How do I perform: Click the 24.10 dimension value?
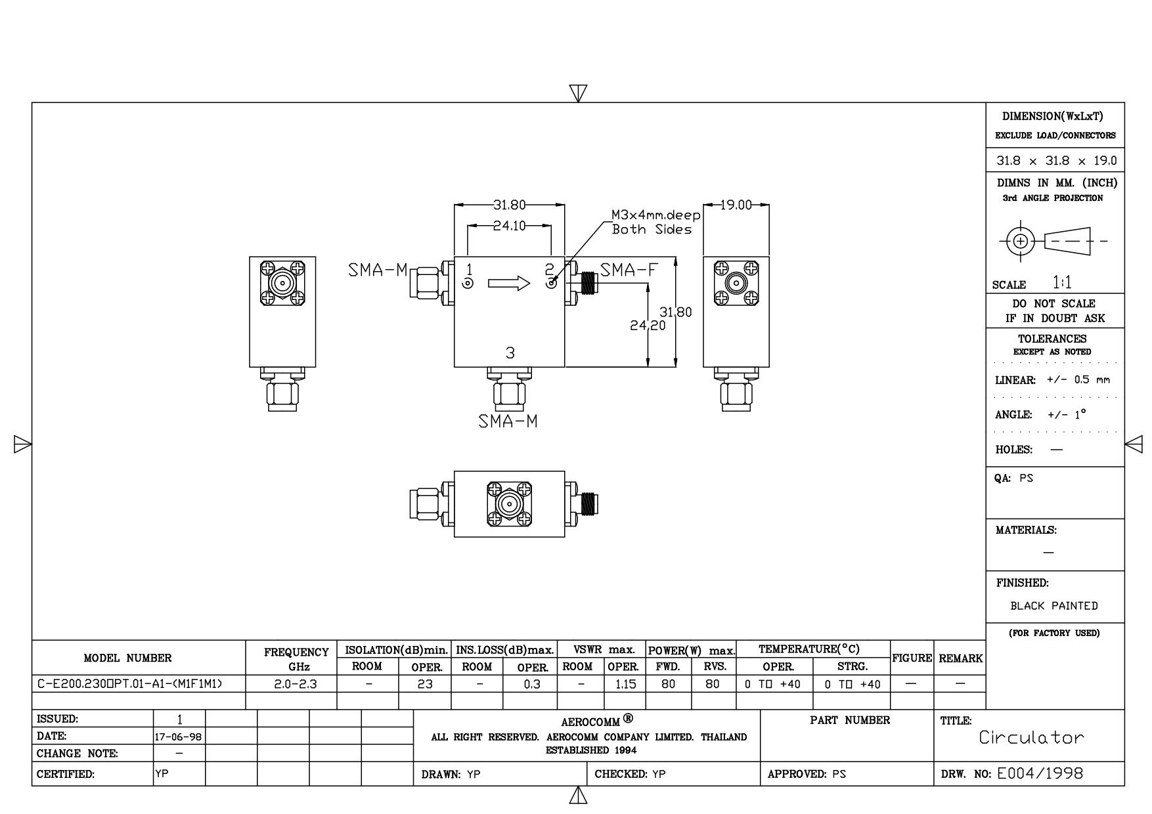pos(510,226)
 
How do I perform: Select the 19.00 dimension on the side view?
pos(736,205)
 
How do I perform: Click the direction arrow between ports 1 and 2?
pos(509,284)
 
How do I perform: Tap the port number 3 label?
pos(510,353)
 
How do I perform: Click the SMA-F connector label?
pos(629,270)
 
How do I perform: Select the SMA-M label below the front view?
pos(508,421)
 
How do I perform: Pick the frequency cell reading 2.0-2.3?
pos(295,684)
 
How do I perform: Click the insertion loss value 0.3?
pos(532,684)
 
